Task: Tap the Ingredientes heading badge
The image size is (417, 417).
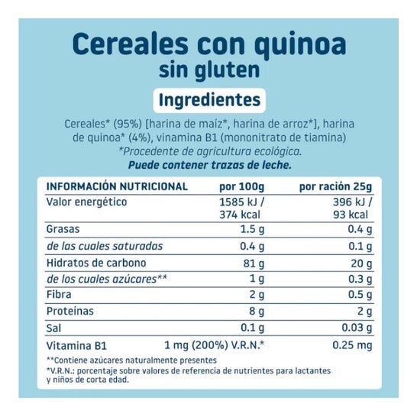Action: coord(208,100)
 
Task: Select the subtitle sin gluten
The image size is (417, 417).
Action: coord(208,70)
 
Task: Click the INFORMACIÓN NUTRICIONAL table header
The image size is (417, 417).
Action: coord(117,186)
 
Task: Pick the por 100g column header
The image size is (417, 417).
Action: coord(242,186)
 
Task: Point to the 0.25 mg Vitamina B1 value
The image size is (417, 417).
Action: coord(353,345)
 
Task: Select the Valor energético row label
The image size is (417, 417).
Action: coord(86,202)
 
